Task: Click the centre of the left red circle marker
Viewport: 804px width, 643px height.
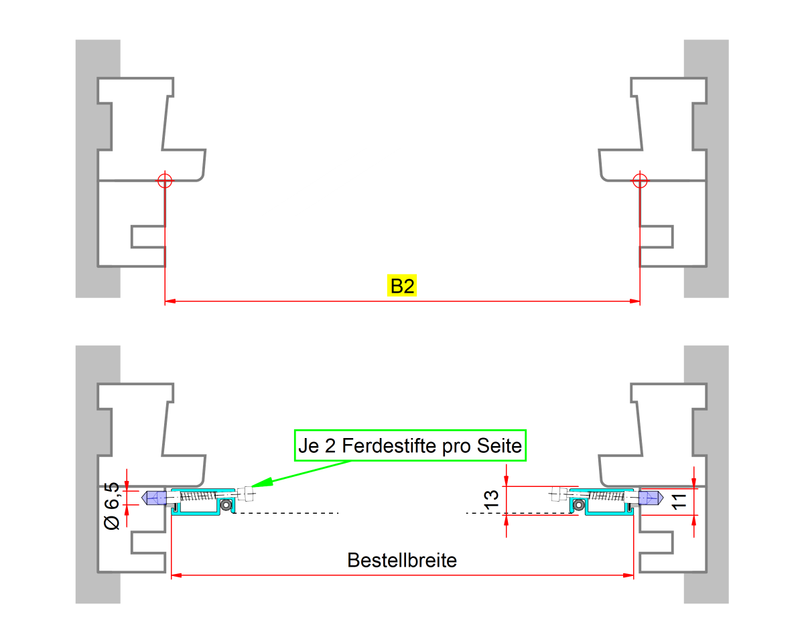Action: [x=165, y=181]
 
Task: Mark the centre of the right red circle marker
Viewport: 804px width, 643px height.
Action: [x=640, y=181]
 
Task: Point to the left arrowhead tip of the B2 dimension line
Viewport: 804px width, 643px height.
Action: [x=165, y=301]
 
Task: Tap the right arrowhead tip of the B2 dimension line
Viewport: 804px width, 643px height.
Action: [x=640, y=301]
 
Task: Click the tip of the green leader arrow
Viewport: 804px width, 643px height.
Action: [x=251, y=486]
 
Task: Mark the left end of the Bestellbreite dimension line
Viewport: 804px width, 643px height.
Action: [x=171, y=575]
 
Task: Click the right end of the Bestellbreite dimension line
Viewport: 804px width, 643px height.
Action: [x=634, y=575]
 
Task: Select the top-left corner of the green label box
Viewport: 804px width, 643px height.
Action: [x=295, y=430]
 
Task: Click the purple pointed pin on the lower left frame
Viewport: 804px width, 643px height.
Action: [x=153, y=498]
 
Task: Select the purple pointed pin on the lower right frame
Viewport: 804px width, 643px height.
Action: [x=651, y=498]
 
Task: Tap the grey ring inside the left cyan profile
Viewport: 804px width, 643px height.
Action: [x=226, y=505]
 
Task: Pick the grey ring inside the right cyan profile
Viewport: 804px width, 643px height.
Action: [x=579, y=505]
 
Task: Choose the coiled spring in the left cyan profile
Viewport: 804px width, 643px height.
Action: [x=198, y=496]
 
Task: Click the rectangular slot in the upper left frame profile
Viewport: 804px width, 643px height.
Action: [x=148, y=236]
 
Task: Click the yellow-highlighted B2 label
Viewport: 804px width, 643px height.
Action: [x=402, y=286]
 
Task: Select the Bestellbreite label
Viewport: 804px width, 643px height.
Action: [x=402, y=560]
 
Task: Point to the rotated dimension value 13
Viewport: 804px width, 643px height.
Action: [x=491, y=500]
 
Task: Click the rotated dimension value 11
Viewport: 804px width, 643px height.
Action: [x=679, y=502]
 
